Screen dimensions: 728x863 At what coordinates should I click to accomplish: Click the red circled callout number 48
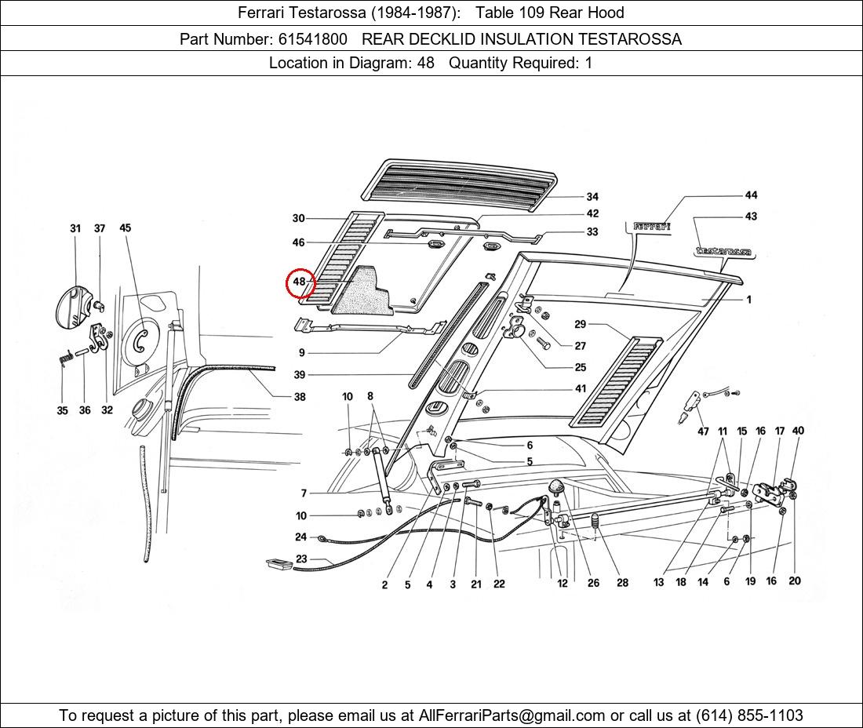[299, 282]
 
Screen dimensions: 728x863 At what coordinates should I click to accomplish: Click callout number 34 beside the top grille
[592, 197]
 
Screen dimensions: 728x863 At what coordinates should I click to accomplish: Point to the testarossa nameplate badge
[723, 252]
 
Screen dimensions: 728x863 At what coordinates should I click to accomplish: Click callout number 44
[751, 195]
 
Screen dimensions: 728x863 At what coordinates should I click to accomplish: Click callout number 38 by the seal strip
[300, 397]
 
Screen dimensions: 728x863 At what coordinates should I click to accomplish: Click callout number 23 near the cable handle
[301, 559]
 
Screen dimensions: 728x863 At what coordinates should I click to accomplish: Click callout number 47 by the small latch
[703, 431]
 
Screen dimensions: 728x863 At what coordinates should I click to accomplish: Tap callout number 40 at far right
[798, 431]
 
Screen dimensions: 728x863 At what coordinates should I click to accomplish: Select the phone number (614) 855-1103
[748, 715]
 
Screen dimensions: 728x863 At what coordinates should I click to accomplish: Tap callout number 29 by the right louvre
[580, 324]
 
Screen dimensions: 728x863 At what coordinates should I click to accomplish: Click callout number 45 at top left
[126, 228]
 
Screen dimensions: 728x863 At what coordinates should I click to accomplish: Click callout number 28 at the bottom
[622, 583]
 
